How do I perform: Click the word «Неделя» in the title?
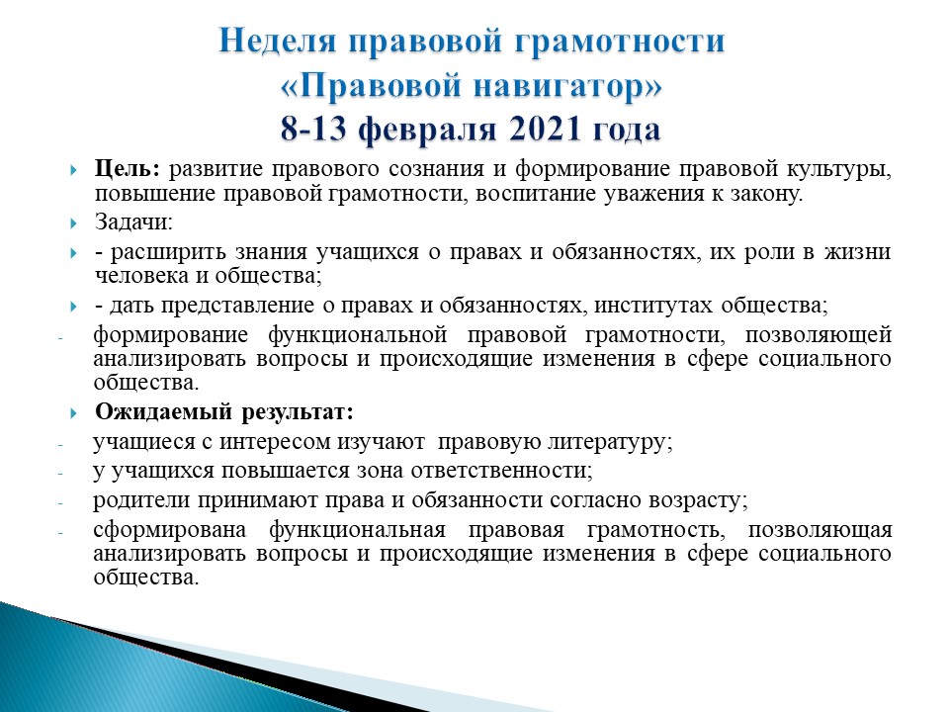click(x=277, y=42)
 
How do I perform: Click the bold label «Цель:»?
click(x=128, y=169)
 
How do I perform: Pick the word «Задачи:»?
click(x=133, y=222)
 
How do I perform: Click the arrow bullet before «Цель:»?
click(x=73, y=169)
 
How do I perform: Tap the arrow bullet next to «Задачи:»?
click(x=73, y=223)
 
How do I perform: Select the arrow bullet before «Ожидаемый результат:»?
click(x=73, y=413)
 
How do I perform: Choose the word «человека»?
click(x=141, y=276)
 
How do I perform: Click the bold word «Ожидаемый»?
click(x=163, y=412)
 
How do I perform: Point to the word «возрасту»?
click(x=698, y=501)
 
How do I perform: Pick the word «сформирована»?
click(x=169, y=530)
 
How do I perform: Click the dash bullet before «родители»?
click(x=60, y=502)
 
